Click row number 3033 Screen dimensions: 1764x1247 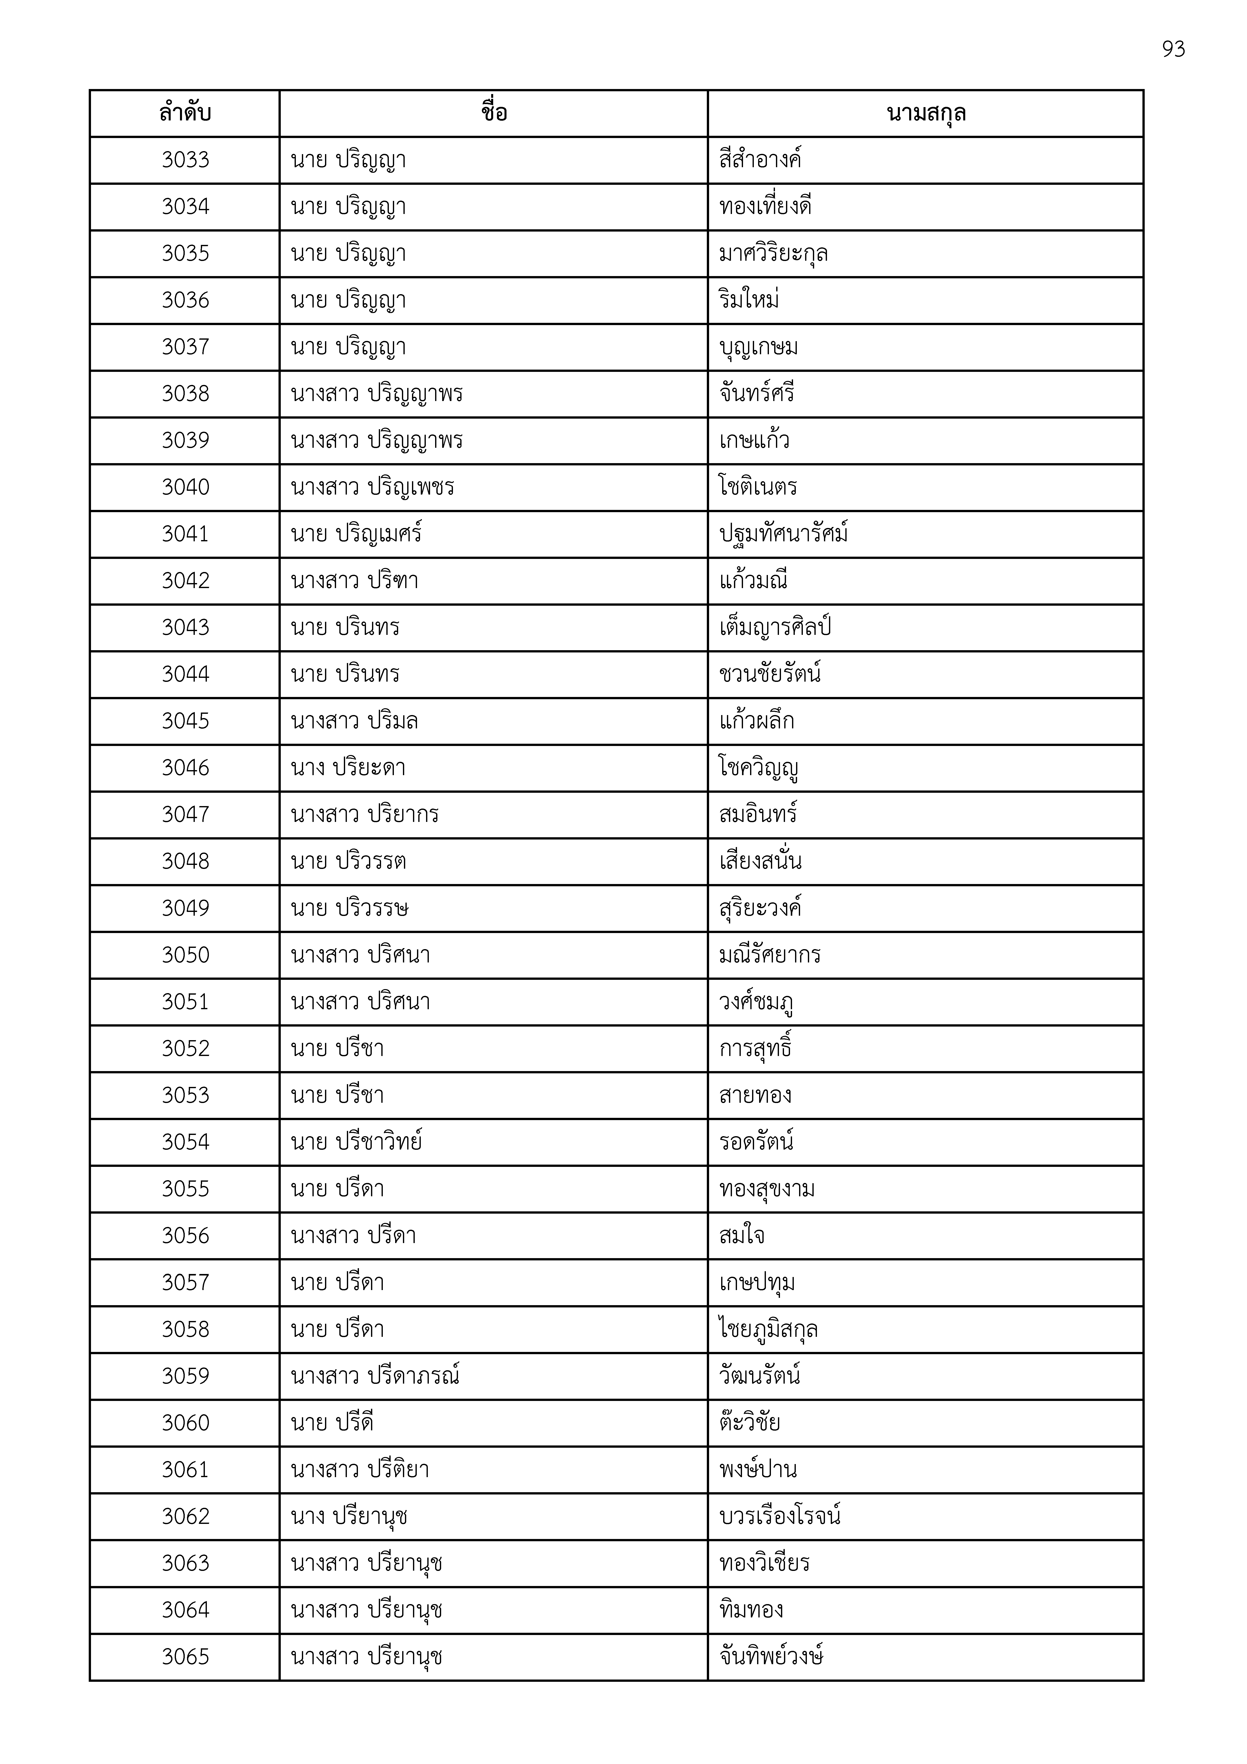tap(185, 160)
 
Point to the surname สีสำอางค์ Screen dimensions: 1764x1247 tap(760, 160)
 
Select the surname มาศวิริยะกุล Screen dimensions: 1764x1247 tap(773, 253)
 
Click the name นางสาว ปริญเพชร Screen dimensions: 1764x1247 tap(373, 487)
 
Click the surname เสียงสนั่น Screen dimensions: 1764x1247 tap(760, 861)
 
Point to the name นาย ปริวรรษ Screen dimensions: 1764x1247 tap(350, 908)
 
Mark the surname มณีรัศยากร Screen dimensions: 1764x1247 tap(770, 955)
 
